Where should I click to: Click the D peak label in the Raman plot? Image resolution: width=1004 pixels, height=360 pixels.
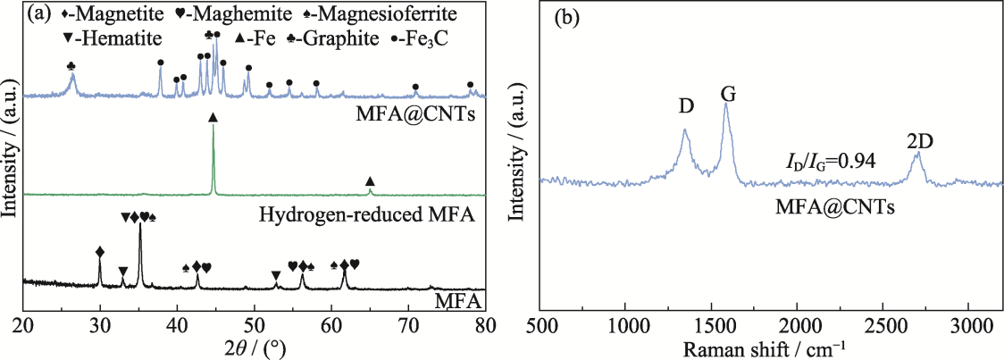click(x=686, y=106)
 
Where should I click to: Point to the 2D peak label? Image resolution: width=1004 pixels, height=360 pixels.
click(x=919, y=140)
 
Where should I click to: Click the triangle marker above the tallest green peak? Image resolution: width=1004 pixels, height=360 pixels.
click(x=213, y=118)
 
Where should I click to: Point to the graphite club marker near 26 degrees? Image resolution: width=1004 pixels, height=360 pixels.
click(x=71, y=66)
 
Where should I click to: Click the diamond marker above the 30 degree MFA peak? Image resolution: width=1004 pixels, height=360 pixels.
click(x=99, y=251)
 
